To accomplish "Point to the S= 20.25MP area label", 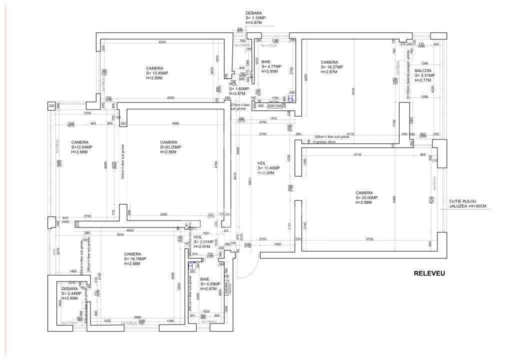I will point(171,147).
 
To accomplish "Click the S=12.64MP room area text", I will point(82,147).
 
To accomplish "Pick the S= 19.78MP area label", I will point(135,259).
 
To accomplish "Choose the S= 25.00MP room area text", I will point(366,197).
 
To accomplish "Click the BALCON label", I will point(423,70).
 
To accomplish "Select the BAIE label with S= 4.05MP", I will point(204,279).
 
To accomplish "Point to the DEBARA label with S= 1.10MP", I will point(253,13).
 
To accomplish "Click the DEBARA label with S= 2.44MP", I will point(69,288).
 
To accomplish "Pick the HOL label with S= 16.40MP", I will point(261,163).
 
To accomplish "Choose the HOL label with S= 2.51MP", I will point(198,237).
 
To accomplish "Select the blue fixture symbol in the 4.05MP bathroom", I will point(190,266).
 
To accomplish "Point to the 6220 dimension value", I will point(162,42).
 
